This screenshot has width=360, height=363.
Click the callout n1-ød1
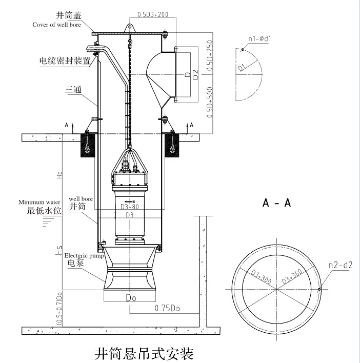click(259, 37)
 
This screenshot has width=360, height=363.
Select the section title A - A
click(277, 203)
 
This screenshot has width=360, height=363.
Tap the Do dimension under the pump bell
click(131, 296)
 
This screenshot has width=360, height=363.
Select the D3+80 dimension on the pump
click(130, 207)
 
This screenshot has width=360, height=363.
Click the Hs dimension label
click(59, 251)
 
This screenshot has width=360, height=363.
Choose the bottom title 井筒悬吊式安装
click(145, 353)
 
